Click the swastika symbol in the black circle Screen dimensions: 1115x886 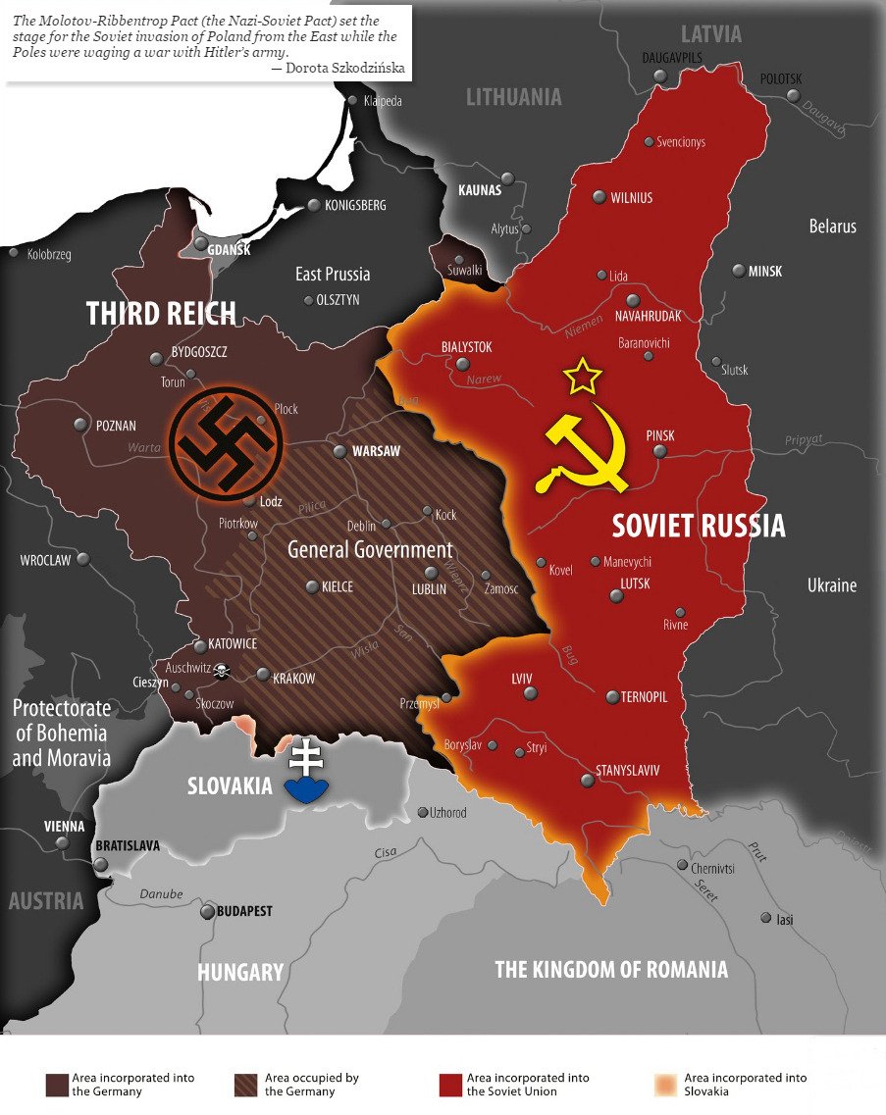click(x=226, y=443)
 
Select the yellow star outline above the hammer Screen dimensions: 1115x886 click(x=583, y=376)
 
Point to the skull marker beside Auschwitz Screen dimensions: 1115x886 click(x=223, y=671)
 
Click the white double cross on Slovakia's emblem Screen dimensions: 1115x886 click(x=306, y=757)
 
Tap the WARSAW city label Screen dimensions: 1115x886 click(x=376, y=451)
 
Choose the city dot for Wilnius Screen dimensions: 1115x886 click(x=599, y=197)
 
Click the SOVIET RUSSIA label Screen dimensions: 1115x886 click(x=699, y=526)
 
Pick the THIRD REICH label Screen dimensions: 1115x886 click(x=161, y=313)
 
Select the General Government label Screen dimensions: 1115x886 click(x=370, y=549)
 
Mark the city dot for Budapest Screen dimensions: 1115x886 click(x=207, y=912)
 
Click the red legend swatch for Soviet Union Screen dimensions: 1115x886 click(x=450, y=1085)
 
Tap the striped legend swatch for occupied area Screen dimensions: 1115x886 click(x=246, y=1085)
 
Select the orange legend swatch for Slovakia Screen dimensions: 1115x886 click(x=667, y=1085)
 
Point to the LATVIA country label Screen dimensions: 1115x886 click(x=710, y=34)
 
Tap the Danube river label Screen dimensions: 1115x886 click(x=161, y=894)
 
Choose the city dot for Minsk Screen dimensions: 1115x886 click(x=737, y=271)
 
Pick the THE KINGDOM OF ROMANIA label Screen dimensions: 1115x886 click(x=611, y=970)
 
